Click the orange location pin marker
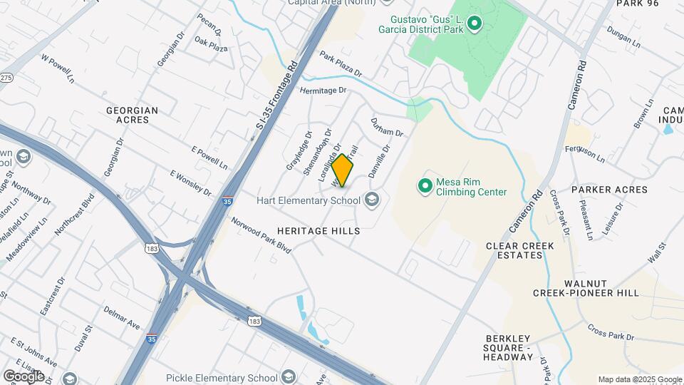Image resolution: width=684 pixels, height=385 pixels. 343,170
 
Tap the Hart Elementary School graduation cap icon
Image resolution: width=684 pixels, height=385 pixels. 371,200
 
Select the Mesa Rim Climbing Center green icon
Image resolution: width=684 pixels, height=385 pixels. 425,186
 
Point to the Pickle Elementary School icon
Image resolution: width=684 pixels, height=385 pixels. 288,377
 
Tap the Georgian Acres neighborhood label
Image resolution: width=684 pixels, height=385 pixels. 132,115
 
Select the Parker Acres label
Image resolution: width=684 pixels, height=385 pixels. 609,190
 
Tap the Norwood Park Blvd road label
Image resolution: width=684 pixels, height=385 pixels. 261,235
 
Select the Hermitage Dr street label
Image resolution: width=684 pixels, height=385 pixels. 322,91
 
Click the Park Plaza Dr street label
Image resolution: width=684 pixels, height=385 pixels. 341,64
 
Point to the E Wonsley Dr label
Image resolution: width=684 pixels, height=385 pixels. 191,183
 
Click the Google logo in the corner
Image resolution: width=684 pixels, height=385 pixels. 24,376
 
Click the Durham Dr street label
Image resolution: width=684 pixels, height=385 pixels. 387,128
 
